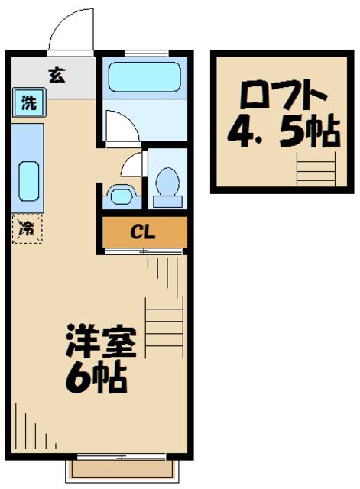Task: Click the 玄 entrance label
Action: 56,75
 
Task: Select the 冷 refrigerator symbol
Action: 27,228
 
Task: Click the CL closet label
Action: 144,232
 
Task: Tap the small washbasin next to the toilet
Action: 121,195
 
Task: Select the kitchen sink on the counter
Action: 28,181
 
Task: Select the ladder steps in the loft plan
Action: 316,167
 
